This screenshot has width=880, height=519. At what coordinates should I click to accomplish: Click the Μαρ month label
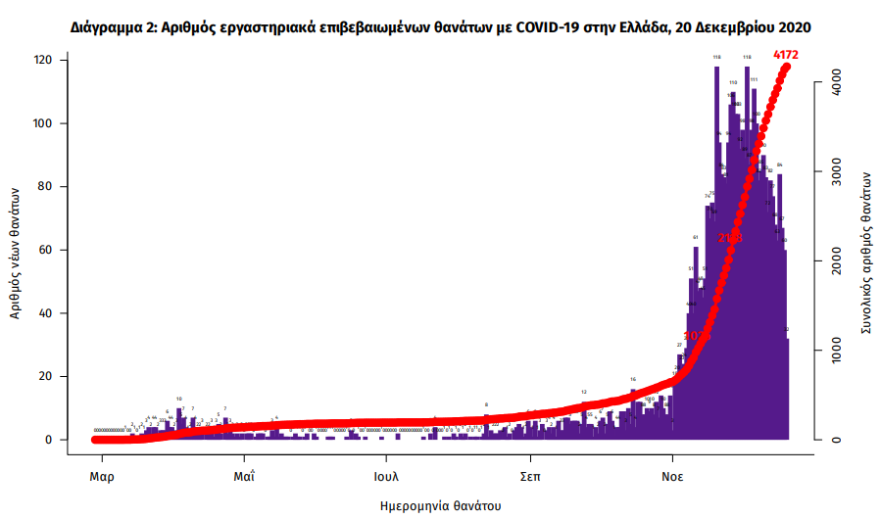coord(102,477)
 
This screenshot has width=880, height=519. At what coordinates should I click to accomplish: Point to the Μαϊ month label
coord(245,477)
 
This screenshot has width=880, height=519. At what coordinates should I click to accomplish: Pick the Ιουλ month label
coord(388,477)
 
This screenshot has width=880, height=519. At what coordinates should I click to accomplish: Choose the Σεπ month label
coord(531,477)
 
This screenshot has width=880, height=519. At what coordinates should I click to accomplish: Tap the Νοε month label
coord(674,477)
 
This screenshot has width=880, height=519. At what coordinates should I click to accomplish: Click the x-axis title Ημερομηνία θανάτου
coord(440,506)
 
